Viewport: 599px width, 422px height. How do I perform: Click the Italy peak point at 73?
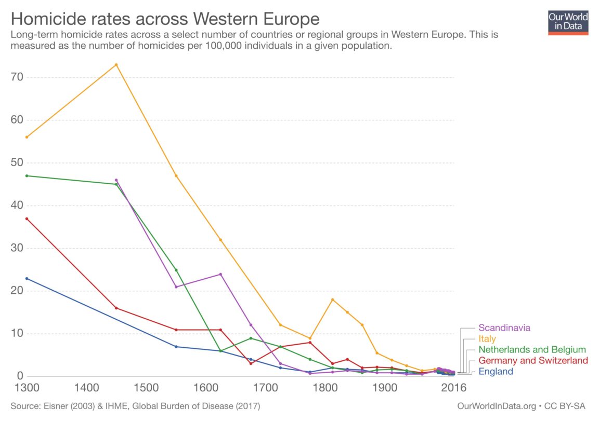[116, 65]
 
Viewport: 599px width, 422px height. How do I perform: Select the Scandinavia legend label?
[504, 328]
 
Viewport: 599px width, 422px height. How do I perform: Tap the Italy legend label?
[487, 339]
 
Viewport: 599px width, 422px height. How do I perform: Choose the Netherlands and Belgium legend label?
[532, 350]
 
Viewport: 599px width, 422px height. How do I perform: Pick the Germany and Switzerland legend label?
[533, 361]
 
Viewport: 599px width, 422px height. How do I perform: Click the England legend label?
[496, 372]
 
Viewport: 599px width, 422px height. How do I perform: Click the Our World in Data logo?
[568, 22]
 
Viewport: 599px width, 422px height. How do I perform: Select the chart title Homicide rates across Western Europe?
[165, 19]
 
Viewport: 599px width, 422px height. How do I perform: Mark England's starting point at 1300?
[27, 278]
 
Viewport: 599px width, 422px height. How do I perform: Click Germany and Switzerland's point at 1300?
[27, 219]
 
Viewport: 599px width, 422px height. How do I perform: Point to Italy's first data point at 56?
[27, 137]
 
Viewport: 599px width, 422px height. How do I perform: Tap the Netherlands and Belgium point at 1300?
[27, 175]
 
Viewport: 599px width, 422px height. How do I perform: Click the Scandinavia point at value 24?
[220, 274]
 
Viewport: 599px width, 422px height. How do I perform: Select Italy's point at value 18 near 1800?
[332, 300]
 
